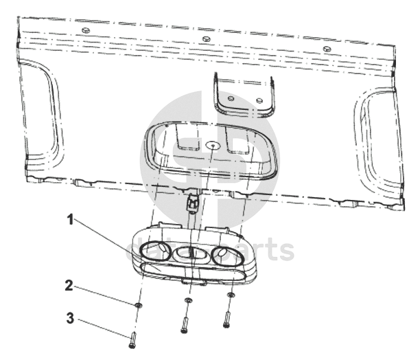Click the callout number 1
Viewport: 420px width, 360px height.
pos(71,221)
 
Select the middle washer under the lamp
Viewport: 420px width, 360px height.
pos(189,300)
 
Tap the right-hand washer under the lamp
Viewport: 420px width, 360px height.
pos(231,295)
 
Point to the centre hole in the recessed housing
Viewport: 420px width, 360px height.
pos(213,146)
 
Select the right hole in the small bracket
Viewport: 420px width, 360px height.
pos(259,100)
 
